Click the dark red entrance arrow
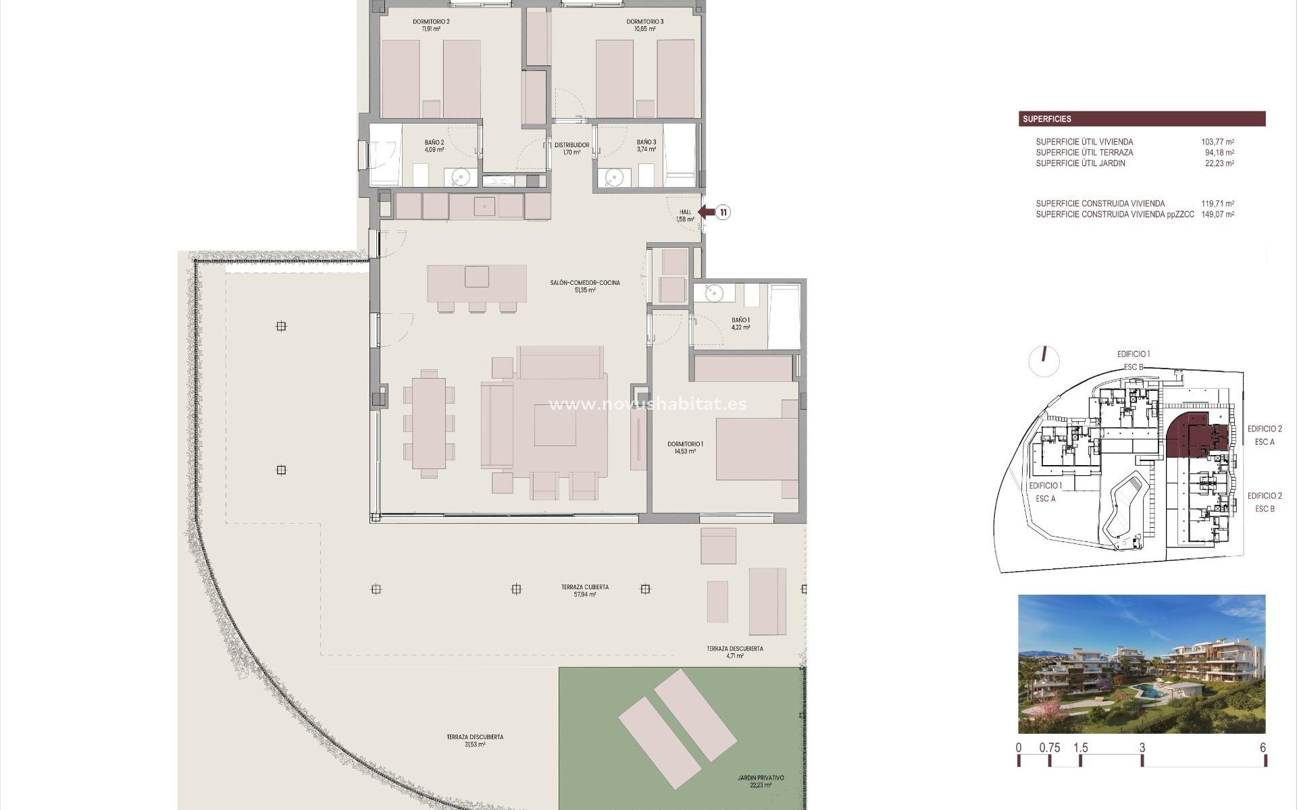(706, 213)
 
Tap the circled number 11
(723, 213)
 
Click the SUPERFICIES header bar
(1142, 119)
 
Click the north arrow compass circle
(1044, 361)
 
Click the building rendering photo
(1142, 664)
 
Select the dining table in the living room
(428, 423)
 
